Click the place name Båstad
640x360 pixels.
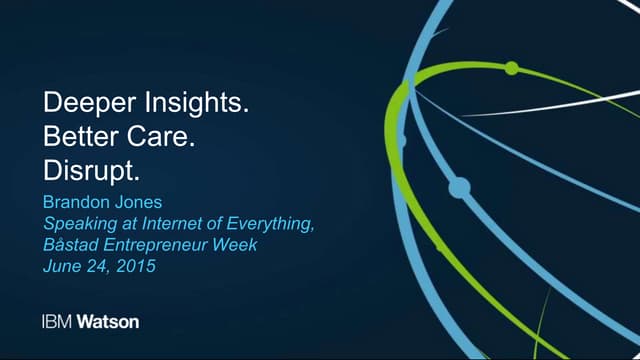(x=69, y=246)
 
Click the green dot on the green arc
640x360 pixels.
(x=511, y=68)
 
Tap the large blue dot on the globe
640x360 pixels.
(x=459, y=186)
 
